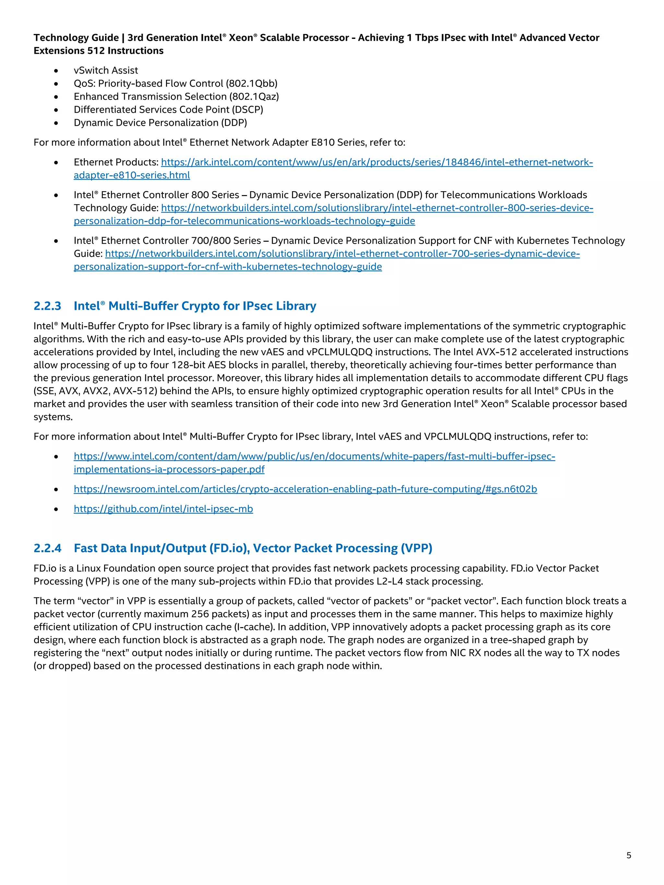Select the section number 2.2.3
(x=47, y=306)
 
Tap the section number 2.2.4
(x=47, y=548)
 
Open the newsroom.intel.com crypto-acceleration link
(x=305, y=489)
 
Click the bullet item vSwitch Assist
(x=106, y=70)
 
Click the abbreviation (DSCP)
(x=247, y=110)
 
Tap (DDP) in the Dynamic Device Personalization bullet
(x=234, y=123)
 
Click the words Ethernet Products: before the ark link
(x=116, y=162)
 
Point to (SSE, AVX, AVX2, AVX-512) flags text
(x=94, y=391)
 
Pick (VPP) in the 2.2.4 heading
(x=416, y=548)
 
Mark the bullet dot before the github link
(x=56, y=509)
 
